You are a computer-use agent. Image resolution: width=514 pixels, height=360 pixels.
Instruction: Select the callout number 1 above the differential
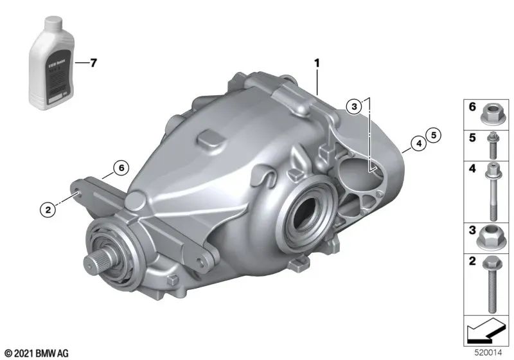[316, 63]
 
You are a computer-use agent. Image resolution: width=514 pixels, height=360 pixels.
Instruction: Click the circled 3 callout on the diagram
[353, 107]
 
